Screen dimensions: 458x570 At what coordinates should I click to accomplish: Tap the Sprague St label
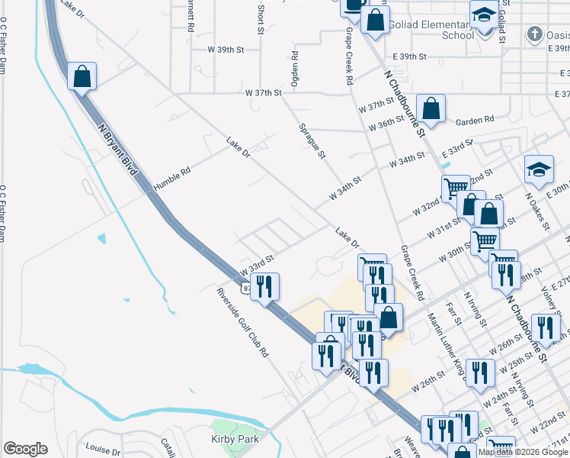pyautogui.click(x=312, y=142)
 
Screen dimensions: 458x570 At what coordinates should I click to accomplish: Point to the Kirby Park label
pyautogui.click(x=235, y=439)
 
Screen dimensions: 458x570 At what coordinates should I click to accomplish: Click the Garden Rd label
pyautogui.click(x=475, y=120)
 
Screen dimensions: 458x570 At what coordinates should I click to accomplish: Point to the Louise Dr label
pyautogui.click(x=104, y=450)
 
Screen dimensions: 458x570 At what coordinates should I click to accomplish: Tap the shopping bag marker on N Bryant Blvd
pyautogui.click(x=82, y=76)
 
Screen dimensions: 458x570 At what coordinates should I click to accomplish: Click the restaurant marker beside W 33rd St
pyautogui.click(x=264, y=286)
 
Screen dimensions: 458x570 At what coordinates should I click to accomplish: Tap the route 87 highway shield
pyautogui.click(x=241, y=288)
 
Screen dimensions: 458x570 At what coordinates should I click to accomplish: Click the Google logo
pyautogui.click(x=25, y=449)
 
